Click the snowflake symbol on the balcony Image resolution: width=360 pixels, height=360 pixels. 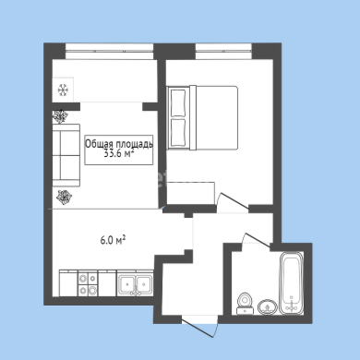coord(63,90)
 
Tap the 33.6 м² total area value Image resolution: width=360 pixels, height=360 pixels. coord(119,153)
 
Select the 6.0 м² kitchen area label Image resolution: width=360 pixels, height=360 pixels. coord(113,240)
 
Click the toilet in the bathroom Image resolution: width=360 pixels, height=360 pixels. coord(246,304)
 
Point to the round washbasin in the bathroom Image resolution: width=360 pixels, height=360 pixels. coord(268,307)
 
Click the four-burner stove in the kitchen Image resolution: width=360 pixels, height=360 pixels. coord(88,283)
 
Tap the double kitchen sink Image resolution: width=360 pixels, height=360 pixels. coord(135,283)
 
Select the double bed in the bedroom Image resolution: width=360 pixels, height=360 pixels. coord(202,118)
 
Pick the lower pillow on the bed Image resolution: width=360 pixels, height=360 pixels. coord(178,133)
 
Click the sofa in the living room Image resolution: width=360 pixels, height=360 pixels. coord(66,155)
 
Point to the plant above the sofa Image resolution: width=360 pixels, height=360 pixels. coord(60,116)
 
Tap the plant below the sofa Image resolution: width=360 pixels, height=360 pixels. coord(64,197)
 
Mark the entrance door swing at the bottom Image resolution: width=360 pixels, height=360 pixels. coord(200,327)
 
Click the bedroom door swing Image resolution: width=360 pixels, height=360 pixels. coord(233,202)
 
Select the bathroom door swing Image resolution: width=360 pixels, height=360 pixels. coord(256,239)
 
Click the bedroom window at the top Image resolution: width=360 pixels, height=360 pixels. coord(223,51)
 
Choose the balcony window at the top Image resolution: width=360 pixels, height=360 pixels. coord(110,51)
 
